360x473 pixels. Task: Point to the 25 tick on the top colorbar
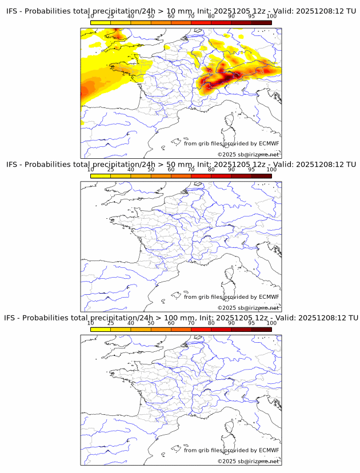tap(110, 17)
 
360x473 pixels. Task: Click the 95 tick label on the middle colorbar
tap(251, 170)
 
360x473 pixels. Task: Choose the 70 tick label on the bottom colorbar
tap(191, 323)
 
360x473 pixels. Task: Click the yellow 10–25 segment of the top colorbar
tap(100, 23)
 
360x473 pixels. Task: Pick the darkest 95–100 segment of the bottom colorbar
tap(261, 329)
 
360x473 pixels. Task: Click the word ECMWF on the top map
tap(269, 143)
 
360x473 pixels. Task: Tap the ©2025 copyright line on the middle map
tap(248, 308)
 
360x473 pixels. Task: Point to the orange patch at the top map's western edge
tap(87, 90)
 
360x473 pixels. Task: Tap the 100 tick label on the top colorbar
tap(271, 17)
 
